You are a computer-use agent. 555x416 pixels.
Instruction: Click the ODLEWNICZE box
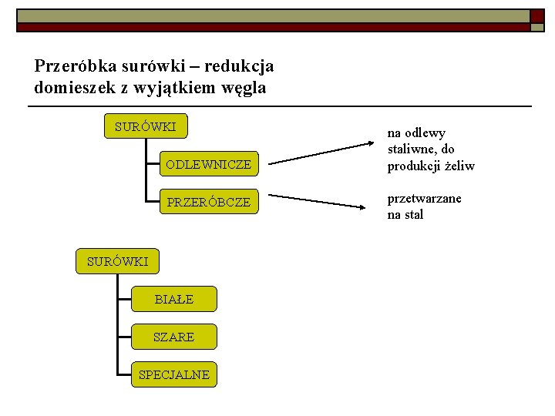point(208,164)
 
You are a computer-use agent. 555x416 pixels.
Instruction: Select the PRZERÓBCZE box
point(208,202)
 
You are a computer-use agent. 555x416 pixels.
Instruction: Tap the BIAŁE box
point(173,299)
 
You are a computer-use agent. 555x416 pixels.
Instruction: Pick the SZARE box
point(173,337)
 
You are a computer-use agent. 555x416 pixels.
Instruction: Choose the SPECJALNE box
point(173,374)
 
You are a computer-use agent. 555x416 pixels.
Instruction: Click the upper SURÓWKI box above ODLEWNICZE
point(146,126)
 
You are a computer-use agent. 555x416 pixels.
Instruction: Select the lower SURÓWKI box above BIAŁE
point(117,261)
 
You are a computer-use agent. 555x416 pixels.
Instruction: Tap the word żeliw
point(458,166)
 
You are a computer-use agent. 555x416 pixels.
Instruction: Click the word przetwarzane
point(424,198)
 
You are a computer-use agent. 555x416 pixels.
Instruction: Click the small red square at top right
point(536,15)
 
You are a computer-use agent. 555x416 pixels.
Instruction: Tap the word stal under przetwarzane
point(415,215)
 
